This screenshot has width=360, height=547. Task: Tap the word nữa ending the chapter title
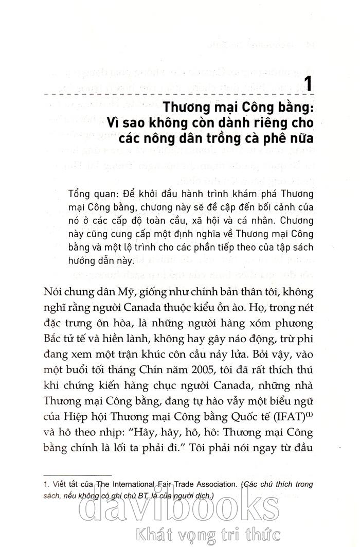tap(302, 139)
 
